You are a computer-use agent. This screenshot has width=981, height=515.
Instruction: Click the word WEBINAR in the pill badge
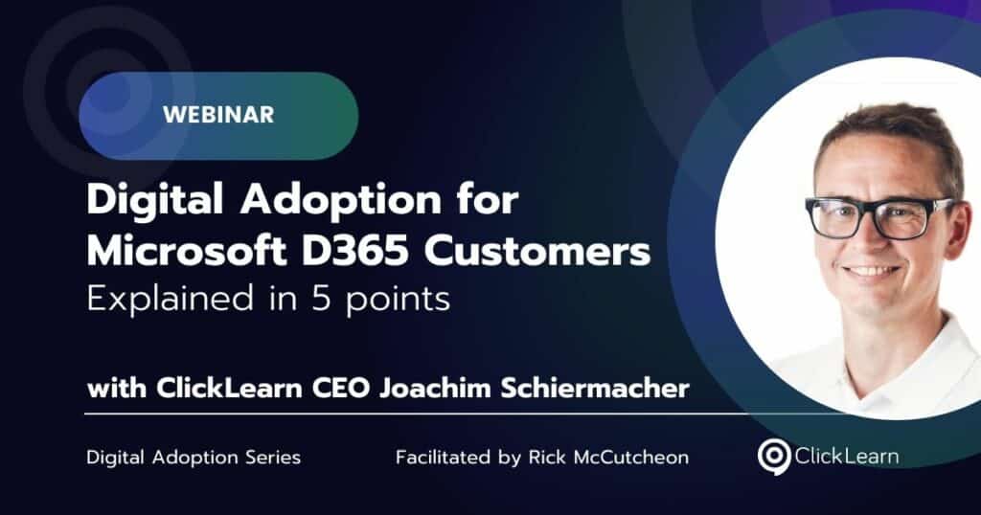[218, 114]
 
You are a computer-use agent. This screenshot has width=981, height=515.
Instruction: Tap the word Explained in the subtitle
[171, 298]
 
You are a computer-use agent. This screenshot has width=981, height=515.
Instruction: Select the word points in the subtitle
[398, 300]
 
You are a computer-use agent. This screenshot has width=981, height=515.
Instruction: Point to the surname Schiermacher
[595, 388]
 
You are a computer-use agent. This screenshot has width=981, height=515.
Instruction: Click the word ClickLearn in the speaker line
[229, 388]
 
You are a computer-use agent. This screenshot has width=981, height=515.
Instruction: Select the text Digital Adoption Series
[194, 457]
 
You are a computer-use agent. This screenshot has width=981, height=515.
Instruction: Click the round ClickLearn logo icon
[774, 457]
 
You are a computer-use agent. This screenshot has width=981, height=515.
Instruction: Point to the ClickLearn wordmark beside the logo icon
[847, 456]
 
